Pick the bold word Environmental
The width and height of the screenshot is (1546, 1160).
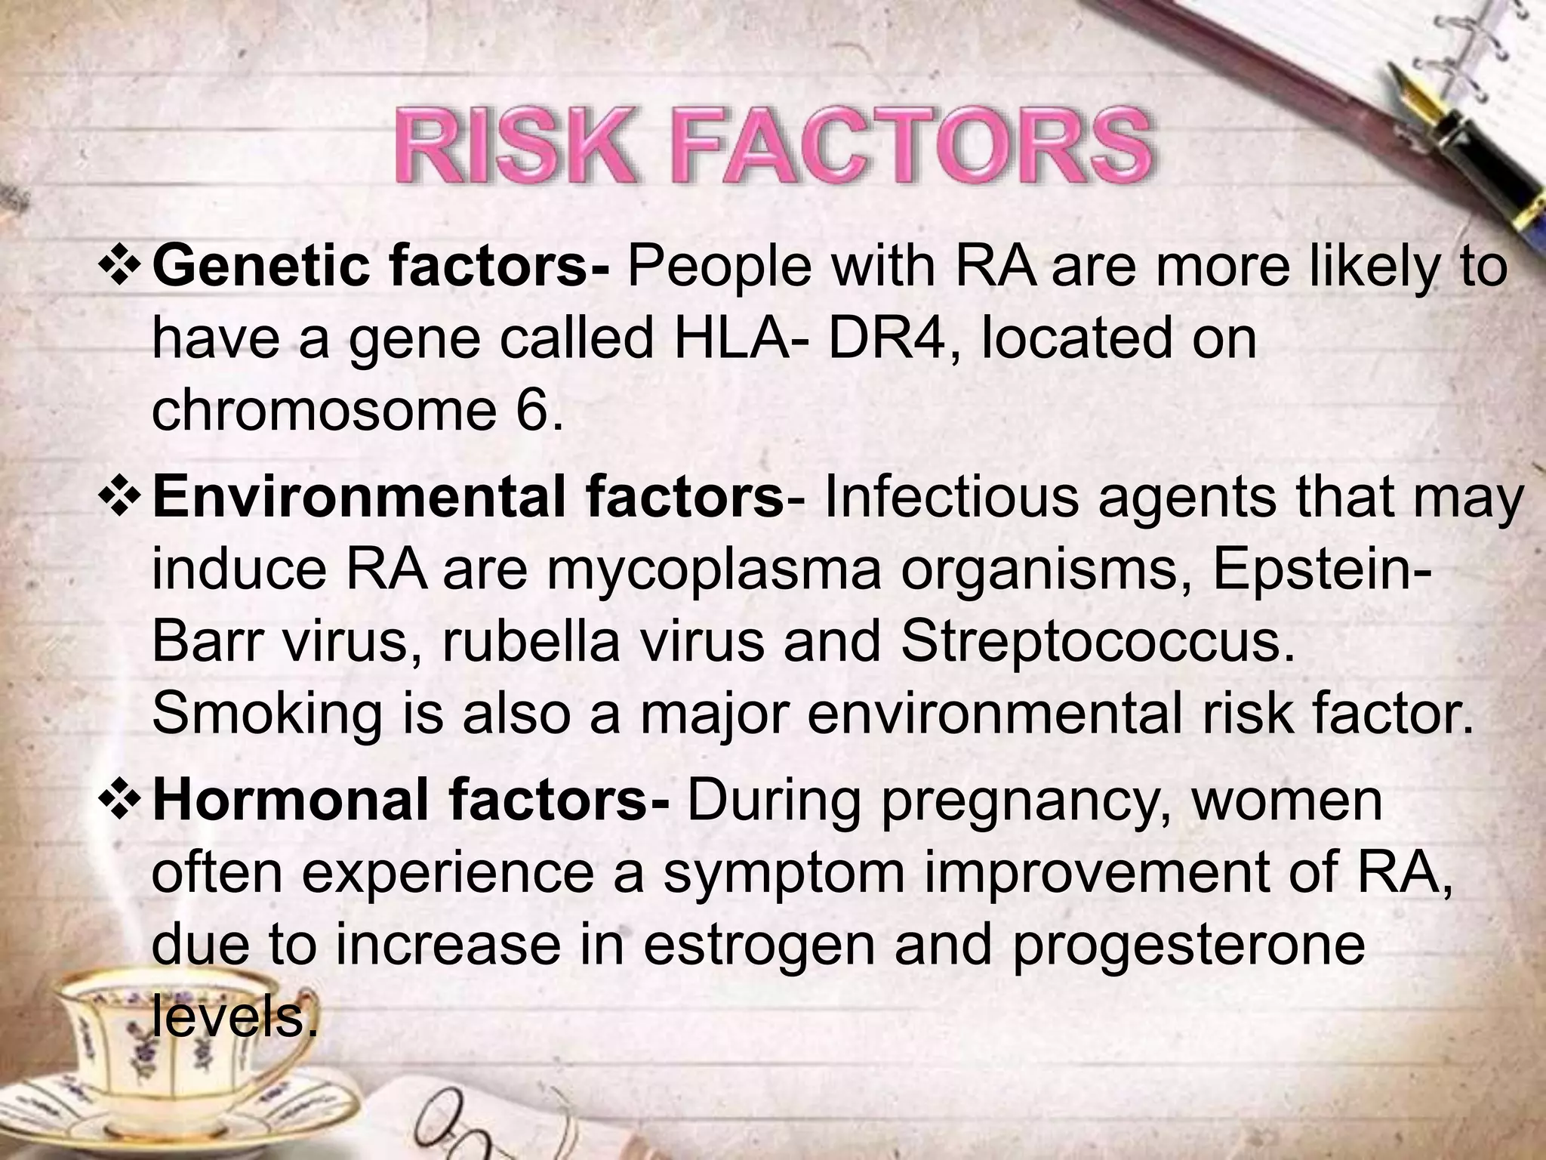click(362, 499)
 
